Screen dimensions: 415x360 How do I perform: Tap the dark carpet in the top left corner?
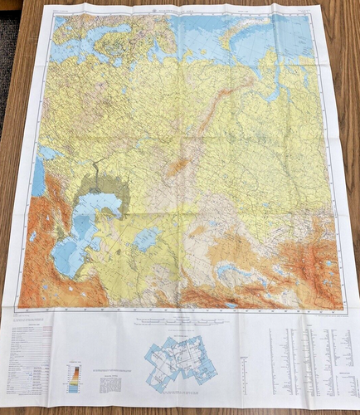tap(8, 50)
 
